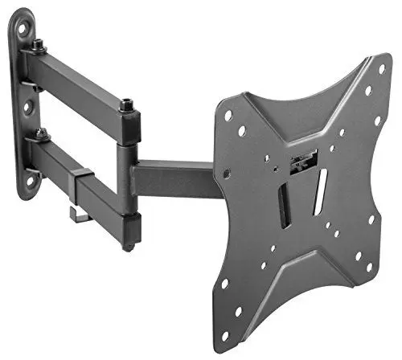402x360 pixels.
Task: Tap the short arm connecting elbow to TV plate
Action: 173,178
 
